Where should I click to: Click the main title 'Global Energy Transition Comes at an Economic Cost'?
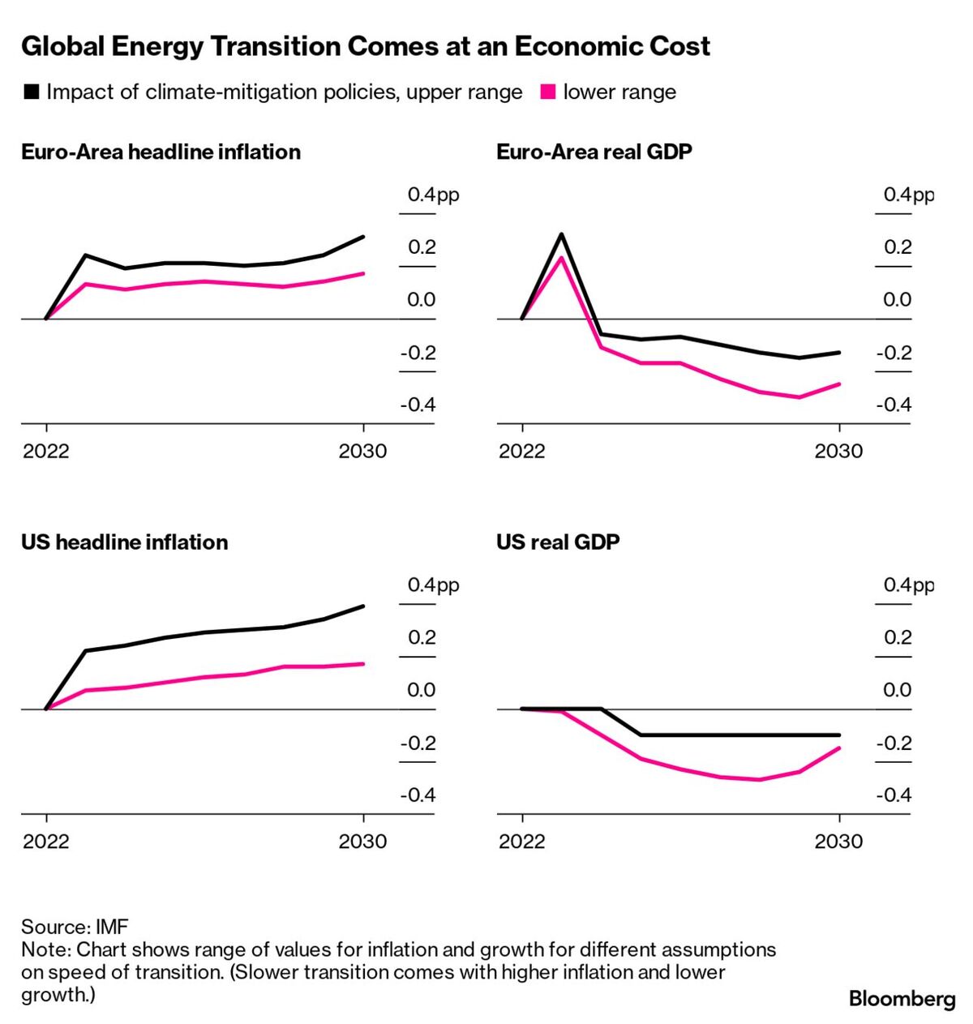(x=365, y=46)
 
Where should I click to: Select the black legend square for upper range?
(x=32, y=92)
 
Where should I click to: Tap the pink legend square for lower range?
(x=548, y=92)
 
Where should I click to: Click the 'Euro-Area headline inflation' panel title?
(x=161, y=152)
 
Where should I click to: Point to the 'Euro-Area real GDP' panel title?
(x=594, y=152)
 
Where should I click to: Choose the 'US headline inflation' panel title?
(x=124, y=542)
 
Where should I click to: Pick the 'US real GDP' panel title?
(x=558, y=542)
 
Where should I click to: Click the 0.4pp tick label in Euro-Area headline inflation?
(x=433, y=195)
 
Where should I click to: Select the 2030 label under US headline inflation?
(x=362, y=842)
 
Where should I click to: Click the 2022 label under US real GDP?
(x=522, y=842)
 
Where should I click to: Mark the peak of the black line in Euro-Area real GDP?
(x=561, y=234)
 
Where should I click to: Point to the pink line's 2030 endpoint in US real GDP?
(x=838, y=748)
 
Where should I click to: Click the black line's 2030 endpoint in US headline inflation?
(x=363, y=606)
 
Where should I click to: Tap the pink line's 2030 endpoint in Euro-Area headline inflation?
(x=363, y=273)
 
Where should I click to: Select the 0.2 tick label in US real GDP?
(x=898, y=637)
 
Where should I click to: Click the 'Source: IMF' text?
(x=75, y=927)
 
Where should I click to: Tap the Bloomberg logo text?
(x=902, y=999)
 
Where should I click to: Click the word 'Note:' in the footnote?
(x=46, y=949)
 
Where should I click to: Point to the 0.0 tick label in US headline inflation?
(x=421, y=690)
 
